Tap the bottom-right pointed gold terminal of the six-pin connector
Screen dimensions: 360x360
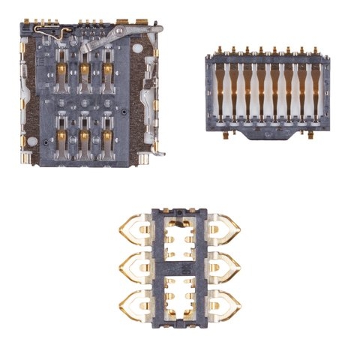tap(226, 303)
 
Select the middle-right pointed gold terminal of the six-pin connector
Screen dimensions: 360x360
tap(226, 264)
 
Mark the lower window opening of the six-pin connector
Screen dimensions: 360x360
tap(179, 296)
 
